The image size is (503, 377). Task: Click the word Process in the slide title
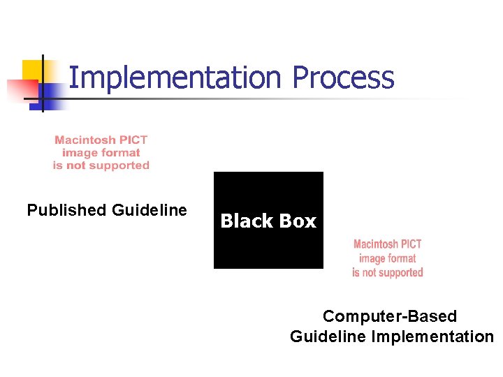click(x=343, y=77)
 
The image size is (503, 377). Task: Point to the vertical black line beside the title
click(x=43, y=82)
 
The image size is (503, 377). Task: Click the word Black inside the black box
click(x=245, y=221)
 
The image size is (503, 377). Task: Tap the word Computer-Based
click(x=390, y=316)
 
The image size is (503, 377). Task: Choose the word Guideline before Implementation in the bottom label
click(x=328, y=337)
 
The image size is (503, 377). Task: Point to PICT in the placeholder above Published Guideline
click(x=133, y=140)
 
